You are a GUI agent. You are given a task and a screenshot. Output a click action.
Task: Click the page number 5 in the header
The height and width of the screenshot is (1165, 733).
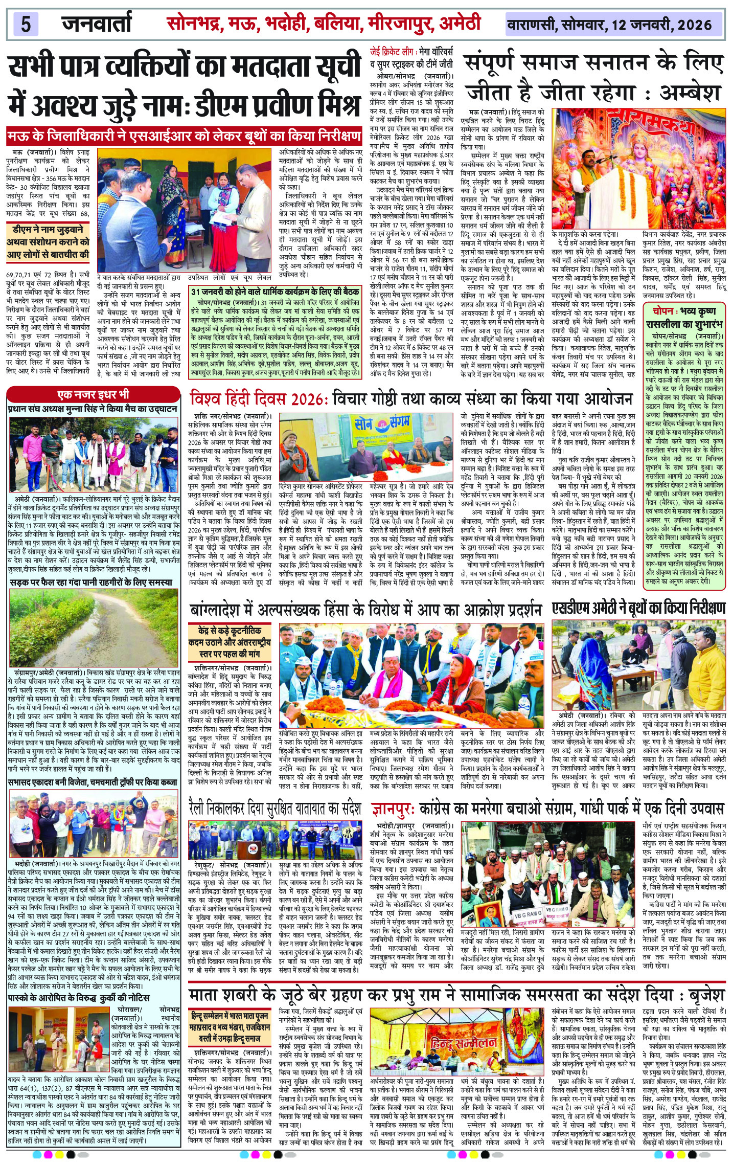pos(26,24)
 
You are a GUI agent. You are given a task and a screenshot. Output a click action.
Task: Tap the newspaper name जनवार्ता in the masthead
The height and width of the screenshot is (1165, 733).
pos(97,24)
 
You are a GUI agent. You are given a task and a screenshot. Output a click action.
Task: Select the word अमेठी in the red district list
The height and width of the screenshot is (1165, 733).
pos(458,24)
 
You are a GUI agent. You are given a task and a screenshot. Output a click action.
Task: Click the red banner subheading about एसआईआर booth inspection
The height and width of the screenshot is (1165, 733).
pos(185,137)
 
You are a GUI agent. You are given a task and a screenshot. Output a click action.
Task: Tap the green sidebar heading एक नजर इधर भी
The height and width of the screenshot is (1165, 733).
pos(93,394)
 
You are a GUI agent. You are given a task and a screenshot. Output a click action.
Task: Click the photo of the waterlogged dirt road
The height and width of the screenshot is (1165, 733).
pos(94,627)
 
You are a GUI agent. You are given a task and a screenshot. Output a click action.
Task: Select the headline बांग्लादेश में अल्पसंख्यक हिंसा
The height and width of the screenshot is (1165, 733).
pos(365,610)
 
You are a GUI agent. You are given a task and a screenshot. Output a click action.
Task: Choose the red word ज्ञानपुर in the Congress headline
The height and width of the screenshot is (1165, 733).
pos(391,809)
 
